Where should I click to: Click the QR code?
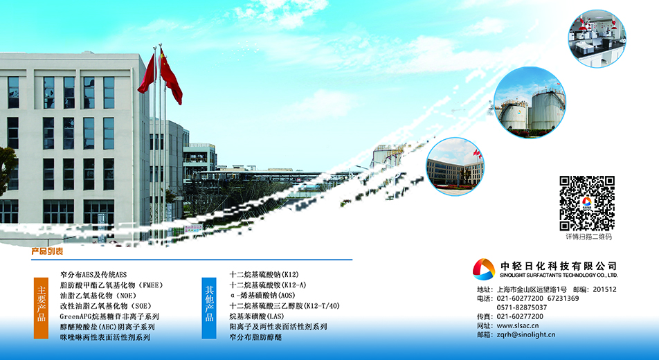(x=587, y=203)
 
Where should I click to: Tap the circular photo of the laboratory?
(x=597, y=38)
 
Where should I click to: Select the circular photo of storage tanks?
(x=530, y=102)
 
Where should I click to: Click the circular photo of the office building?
(x=455, y=167)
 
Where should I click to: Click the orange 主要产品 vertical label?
(x=42, y=308)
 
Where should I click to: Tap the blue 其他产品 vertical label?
(x=209, y=308)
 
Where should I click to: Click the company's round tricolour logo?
(x=484, y=269)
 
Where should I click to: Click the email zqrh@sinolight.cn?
(x=526, y=335)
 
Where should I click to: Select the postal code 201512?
(x=605, y=289)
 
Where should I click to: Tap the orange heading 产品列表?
(x=47, y=251)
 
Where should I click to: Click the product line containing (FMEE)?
(x=111, y=285)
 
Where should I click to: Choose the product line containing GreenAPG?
(x=109, y=316)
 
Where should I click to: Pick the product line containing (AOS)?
(x=262, y=295)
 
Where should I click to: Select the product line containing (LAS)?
(x=257, y=316)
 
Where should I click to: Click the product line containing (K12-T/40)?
(x=285, y=306)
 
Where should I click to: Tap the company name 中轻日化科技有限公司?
(x=559, y=266)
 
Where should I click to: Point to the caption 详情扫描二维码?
(x=588, y=237)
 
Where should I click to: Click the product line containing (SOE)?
(x=105, y=306)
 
